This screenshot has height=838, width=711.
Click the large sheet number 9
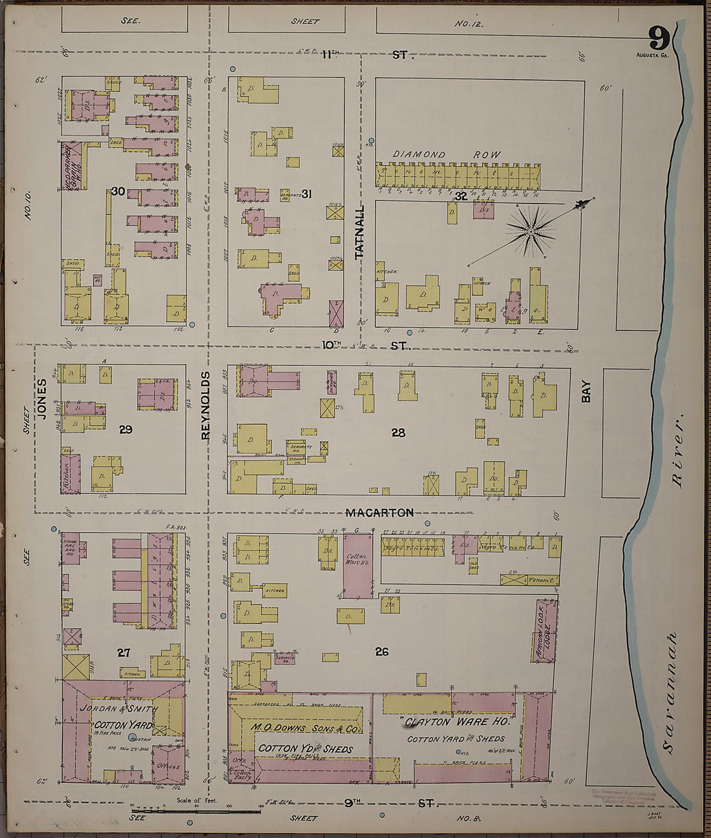[x=658, y=39]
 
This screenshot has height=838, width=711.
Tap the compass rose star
[x=531, y=230]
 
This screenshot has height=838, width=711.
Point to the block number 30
[x=117, y=191]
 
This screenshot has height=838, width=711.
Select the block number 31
[x=307, y=193]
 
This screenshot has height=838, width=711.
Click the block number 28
[x=398, y=433]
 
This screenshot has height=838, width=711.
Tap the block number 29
[x=125, y=429]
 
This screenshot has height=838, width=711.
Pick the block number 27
[x=123, y=653]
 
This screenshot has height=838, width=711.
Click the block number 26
[x=382, y=652]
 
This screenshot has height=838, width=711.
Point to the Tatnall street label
[x=359, y=233]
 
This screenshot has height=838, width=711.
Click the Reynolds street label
[x=206, y=405]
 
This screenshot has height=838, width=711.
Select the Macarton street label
[x=379, y=513]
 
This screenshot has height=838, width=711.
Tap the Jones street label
[x=42, y=399]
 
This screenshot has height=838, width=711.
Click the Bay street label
[x=586, y=391]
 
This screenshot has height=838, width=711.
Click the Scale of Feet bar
[x=196, y=810]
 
